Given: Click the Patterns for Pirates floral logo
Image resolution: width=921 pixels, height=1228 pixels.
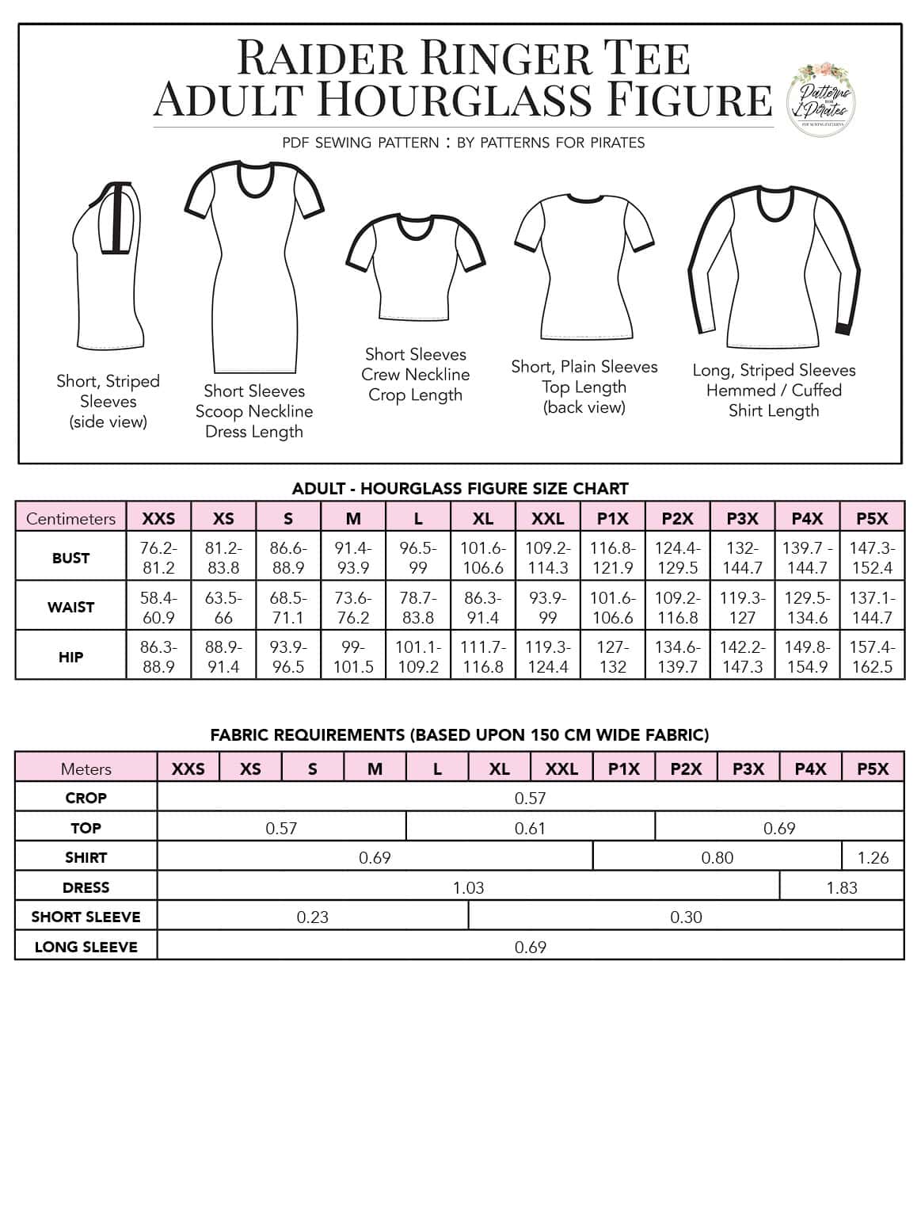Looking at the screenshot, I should (824, 100).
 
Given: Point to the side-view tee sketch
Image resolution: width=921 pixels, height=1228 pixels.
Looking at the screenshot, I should (109, 265).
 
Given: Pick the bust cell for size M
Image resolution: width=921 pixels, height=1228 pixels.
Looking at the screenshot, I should (353, 557).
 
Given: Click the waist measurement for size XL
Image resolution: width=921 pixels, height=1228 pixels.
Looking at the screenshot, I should (483, 607).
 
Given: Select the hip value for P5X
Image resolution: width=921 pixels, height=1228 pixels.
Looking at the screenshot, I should (872, 656).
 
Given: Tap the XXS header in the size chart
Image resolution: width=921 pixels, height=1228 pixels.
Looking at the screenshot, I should (158, 518).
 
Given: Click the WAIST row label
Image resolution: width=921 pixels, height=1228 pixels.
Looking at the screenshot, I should (70, 607).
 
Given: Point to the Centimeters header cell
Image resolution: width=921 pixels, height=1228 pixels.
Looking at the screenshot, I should (70, 518).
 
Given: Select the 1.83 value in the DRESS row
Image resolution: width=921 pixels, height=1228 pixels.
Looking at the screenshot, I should (841, 887).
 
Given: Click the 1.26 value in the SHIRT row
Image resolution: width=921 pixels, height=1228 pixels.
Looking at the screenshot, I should (873, 857).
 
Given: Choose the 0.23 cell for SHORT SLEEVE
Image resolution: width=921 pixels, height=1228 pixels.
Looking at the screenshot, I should (312, 917).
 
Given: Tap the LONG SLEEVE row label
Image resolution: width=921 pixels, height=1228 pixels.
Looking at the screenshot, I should (86, 947).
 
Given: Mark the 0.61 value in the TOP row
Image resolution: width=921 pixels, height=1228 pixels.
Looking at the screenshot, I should (530, 828).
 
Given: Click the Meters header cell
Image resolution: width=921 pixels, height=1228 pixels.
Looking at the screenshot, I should (86, 768).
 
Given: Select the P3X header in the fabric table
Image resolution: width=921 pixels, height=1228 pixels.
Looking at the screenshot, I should (748, 768).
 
